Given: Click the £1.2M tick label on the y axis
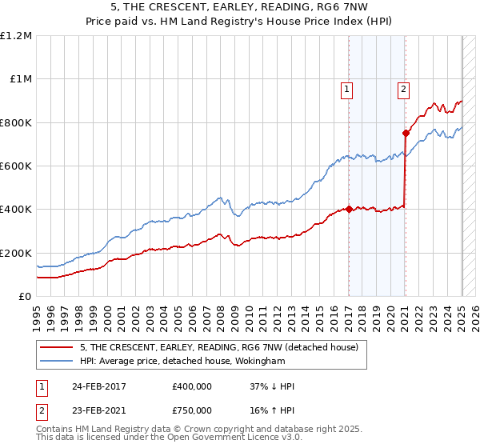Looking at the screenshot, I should tap(18, 36).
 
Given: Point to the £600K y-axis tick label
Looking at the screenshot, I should tap(17, 166).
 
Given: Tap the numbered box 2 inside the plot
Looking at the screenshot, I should tap(404, 90).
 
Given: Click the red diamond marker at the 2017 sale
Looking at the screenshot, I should tap(350, 210).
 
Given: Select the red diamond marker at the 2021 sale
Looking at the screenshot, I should tap(406, 134).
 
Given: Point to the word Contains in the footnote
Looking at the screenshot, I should tap(55, 430).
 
